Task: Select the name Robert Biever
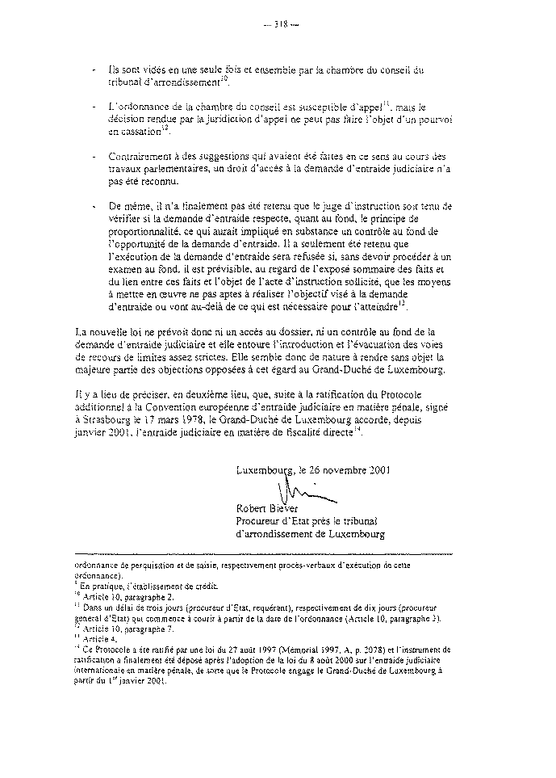(267, 508)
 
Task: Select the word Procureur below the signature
(259, 521)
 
